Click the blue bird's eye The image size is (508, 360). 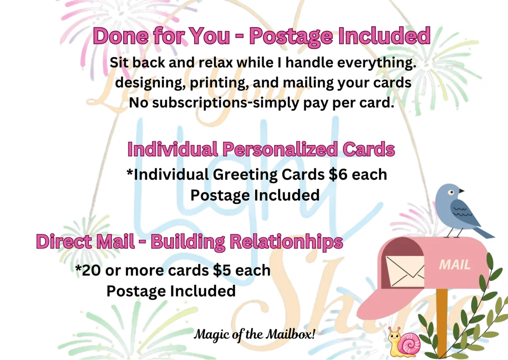tap(451, 192)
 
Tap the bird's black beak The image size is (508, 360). tap(461, 191)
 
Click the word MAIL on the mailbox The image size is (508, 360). tap(455, 265)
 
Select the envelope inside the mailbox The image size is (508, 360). tap(405, 271)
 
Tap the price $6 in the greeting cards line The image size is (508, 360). tap(338, 175)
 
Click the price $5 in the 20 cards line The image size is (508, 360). tap(222, 270)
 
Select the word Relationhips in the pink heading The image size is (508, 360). tap(286, 242)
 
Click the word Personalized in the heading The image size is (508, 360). tap(281, 149)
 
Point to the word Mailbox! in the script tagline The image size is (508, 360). tap(290, 334)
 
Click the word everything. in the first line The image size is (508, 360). tap(377, 63)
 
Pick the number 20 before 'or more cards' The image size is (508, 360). tap(91, 270)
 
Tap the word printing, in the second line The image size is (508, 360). tap(219, 83)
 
